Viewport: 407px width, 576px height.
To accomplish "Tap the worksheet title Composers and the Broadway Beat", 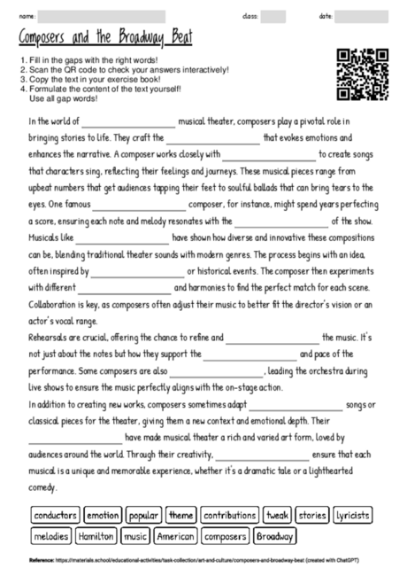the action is (x=105, y=40).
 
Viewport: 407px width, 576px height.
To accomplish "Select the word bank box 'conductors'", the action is (x=55, y=515).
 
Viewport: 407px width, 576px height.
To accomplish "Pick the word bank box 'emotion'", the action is (x=103, y=515).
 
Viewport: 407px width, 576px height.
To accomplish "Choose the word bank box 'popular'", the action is (x=142, y=515).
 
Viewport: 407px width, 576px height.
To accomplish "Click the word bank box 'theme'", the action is (x=180, y=515).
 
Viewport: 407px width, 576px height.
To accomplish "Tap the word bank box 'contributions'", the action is (x=229, y=515).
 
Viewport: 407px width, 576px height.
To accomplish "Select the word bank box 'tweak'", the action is (x=277, y=515).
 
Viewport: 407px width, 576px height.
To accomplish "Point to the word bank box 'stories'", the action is (x=312, y=515).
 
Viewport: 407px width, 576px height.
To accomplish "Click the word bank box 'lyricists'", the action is (x=353, y=515).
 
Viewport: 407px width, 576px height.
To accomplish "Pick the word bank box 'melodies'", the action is (x=50, y=535).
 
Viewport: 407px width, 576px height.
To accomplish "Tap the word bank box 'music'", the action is (x=135, y=535).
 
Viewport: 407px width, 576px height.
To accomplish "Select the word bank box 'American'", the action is (x=175, y=535).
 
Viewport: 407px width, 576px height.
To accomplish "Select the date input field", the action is (x=366, y=16).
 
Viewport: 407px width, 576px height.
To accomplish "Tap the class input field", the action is (x=273, y=16).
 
